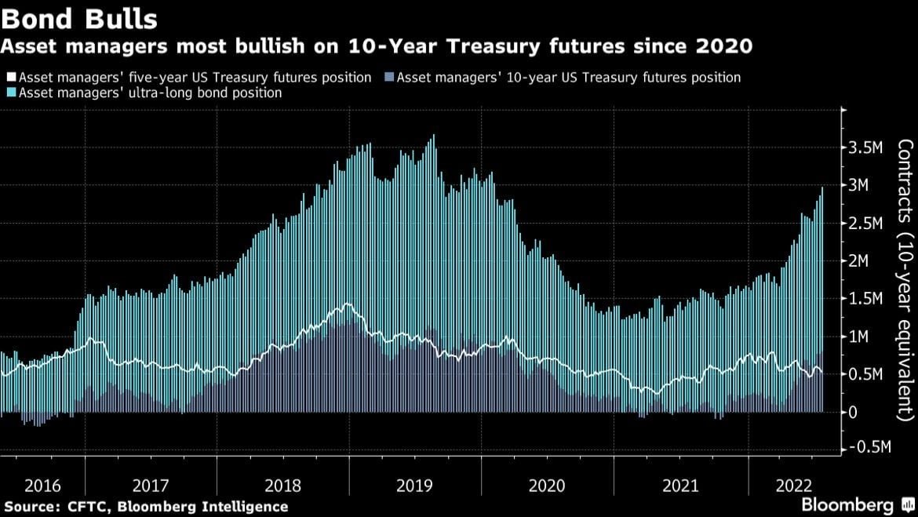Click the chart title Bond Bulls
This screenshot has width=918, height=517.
pos(78,16)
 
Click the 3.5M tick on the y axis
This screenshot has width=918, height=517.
pos(869,147)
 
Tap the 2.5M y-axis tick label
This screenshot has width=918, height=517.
pos(869,224)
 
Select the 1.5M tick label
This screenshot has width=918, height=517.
pos(869,299)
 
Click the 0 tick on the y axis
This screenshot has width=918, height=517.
pos(854,412)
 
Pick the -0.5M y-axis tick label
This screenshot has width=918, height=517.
pos(872,447)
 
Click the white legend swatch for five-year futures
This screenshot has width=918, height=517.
pos(11,78)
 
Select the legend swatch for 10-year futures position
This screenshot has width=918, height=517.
pos(391,78)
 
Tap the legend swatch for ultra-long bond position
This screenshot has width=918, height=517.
pos(11,93)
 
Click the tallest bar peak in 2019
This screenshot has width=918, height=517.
pos(433,136)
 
